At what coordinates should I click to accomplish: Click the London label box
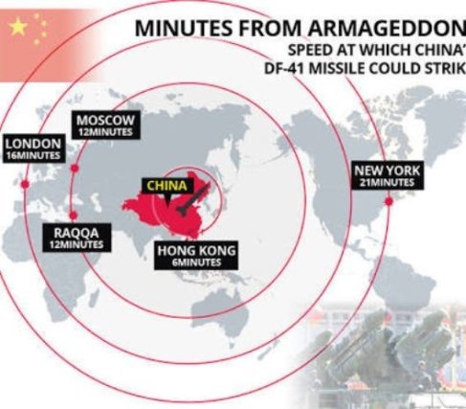pyautogui.click(x=33, y=148)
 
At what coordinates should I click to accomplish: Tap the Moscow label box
pyautogui.click(x=106, y=124)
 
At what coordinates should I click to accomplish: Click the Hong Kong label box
pyautogui.click(x=195, y=256)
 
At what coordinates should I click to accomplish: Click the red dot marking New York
pyautogui.click(x=388, y=202)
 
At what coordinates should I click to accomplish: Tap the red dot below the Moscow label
pyautogui.click(x=75, y=168)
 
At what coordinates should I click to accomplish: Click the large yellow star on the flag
pyautogui.click(x=18, y=27)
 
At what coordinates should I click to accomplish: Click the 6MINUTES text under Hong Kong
pyautogui.click(x=195, y=262)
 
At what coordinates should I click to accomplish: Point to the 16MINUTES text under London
pyautogui.click(x=33, y=154)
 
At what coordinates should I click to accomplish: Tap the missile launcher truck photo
pyautogui.click(x=392, y=354)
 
